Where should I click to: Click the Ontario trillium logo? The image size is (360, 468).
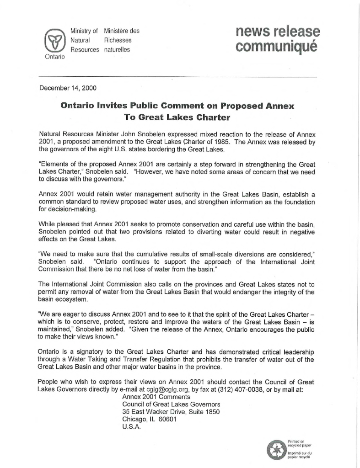(x=53, y=40)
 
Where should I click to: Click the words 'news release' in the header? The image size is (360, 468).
(x=277, y=32)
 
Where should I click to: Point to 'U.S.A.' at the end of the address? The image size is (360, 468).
(x=131, y=426)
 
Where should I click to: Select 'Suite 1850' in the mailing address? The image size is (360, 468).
(x=203, y=412)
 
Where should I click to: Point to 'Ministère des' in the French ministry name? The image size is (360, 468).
(x=122, y=31)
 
